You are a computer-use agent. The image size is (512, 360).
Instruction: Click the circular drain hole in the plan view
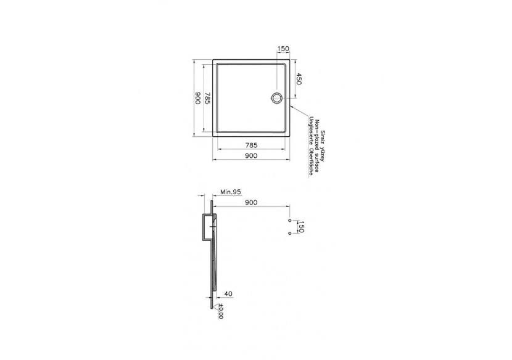pos(277,97)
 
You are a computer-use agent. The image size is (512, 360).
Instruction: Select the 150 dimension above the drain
pos(283,49)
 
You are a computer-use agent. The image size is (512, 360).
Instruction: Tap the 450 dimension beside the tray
pos(299,79)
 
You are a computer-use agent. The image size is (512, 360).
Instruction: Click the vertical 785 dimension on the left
pos(209,98)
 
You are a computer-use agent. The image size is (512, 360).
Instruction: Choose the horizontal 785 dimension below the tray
pos(250,145)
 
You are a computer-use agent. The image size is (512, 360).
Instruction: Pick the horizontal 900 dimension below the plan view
pos(250,155)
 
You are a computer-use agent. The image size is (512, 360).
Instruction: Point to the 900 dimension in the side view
pos(250,202)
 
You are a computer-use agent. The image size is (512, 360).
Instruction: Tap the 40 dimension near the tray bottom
pos(229,295)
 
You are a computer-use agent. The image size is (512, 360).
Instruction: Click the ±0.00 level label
pos(221,314)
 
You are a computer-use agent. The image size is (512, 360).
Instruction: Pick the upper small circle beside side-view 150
pos(289,219)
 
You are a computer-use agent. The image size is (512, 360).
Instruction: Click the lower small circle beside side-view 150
pos(289,234)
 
